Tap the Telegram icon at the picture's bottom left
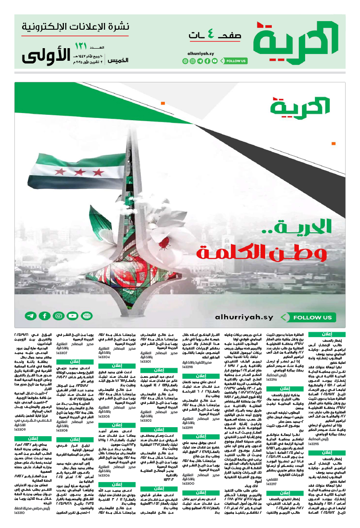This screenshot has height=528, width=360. (x=31, y=316)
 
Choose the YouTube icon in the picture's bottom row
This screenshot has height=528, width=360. (x=59, y=316)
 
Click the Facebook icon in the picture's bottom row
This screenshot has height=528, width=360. (x=45, y=316)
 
